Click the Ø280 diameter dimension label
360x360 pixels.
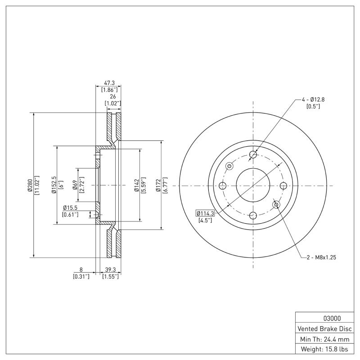click(30, 185)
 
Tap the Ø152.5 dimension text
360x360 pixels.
click(54, 185)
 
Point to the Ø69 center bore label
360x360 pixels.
click(75, 185)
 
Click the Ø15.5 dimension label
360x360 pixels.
click(71, 207)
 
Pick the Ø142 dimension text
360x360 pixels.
click(136, 185)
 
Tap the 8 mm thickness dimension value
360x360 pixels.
click(81, 270)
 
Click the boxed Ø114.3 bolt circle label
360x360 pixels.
click(205, 213)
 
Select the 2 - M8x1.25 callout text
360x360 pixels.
click(321, 257)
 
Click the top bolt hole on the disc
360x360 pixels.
click(253, 155)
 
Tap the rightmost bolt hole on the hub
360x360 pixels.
click(283, 185)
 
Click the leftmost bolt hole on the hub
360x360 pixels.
click(222, 185)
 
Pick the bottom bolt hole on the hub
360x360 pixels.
click(253, 215)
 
